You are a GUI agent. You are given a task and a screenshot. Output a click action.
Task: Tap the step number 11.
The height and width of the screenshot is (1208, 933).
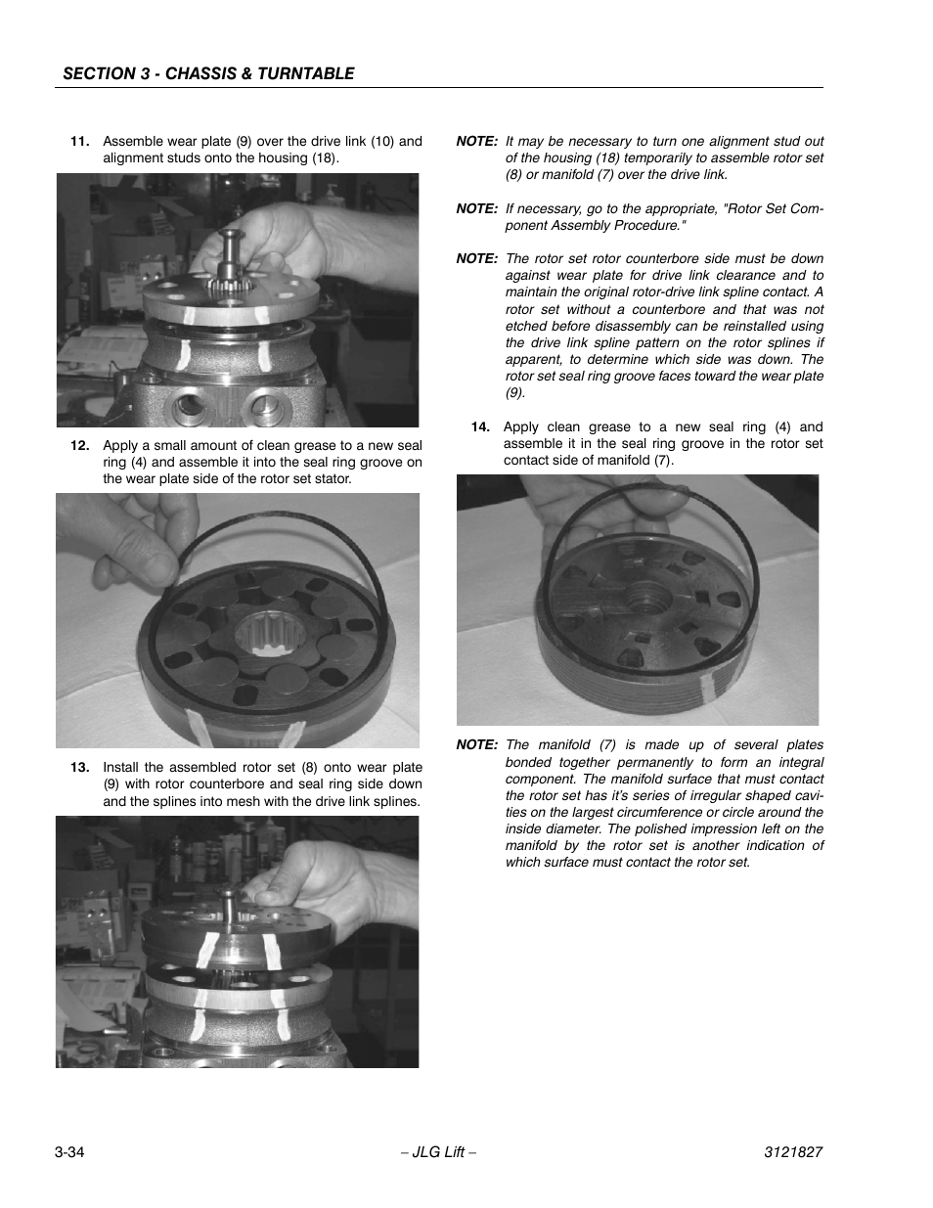[79, 141]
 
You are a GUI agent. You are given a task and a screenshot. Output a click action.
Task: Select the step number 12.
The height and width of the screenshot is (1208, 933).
[79, 445]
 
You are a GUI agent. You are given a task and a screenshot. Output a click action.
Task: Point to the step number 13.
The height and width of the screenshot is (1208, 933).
[79, 767]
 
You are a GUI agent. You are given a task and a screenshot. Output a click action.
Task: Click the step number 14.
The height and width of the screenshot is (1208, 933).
[479, 426]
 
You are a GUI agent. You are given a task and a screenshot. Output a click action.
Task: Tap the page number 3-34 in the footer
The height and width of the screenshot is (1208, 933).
[69, 1152]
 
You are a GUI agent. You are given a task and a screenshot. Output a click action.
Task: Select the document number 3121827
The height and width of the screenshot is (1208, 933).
[793, 1152]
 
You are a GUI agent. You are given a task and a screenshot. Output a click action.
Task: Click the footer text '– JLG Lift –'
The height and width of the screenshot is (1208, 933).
[439, 1152]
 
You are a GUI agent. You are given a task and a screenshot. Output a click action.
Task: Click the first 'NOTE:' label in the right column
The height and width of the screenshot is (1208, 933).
[477, 141]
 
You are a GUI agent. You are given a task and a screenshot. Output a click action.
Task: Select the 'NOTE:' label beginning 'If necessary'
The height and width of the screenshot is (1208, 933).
[477, 208]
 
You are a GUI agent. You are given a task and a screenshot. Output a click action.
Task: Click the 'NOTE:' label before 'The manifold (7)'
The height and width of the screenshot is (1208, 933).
[477, 744]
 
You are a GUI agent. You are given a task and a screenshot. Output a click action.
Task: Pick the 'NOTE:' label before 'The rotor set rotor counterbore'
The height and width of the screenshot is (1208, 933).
[477, 258]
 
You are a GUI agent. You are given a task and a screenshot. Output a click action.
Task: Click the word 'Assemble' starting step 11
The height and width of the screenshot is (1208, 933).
[132, 141]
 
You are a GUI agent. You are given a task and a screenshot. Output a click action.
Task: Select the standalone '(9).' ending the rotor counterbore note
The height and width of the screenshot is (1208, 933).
[515, 392]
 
